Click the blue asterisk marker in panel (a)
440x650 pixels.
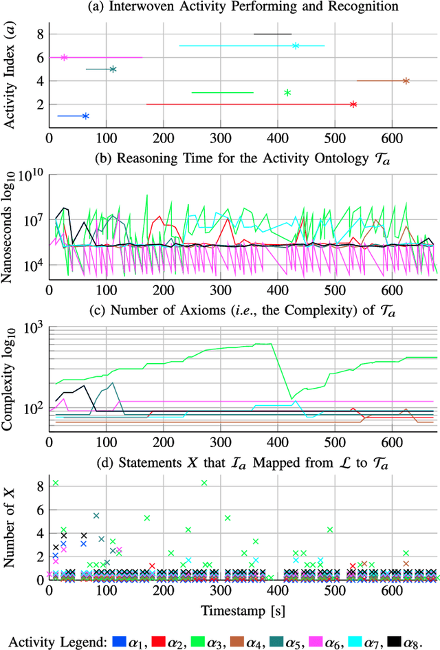click(x=85, y=116)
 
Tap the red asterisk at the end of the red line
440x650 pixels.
click(x=353, y=105)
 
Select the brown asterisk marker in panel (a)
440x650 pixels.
click(x=406, y=81)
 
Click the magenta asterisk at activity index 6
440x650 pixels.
click(x=64, y=58)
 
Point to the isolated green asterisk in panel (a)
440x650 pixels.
click(x=287, y=93)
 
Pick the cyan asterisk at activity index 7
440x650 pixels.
click(x=296, y=46)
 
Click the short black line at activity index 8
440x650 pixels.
click(x=272, y=34)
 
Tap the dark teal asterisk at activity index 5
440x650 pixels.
click(x=113, y=69)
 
